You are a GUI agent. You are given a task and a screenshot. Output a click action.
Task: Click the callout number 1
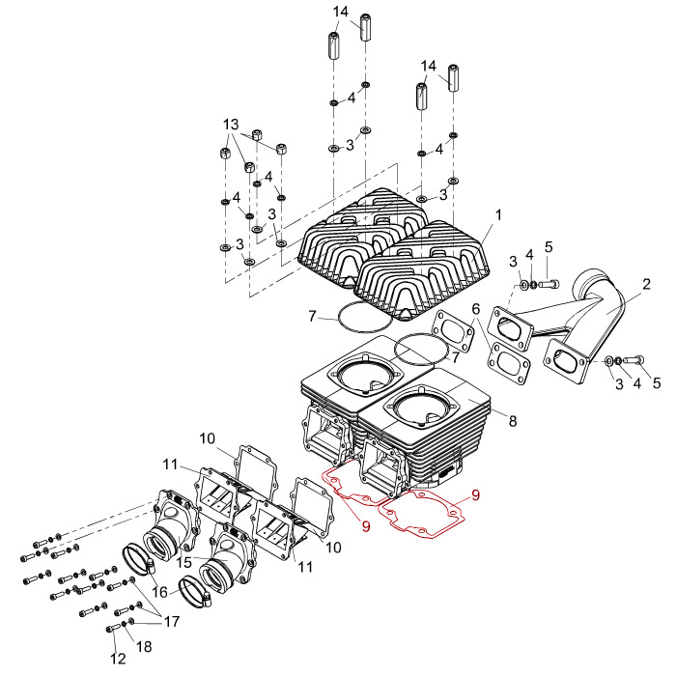[x=498, y=213]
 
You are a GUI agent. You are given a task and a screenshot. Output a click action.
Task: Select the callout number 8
[x=513, y=422]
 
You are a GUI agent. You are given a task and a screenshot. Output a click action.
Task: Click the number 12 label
[x=118, y=660]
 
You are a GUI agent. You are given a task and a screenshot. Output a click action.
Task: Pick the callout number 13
[x=230, y=126]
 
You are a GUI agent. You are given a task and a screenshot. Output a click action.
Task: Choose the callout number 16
[x=160, y=591]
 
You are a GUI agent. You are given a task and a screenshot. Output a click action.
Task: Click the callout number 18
[x=145, y=644]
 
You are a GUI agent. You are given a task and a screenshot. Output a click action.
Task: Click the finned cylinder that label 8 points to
[x=454, y=425]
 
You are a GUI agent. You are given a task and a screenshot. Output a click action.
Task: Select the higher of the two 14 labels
[x=341, y=12]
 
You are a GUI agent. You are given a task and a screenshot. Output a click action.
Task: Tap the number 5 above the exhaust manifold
[x=549, y=247]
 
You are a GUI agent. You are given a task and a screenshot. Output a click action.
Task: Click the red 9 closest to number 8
[x=474, y=495]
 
